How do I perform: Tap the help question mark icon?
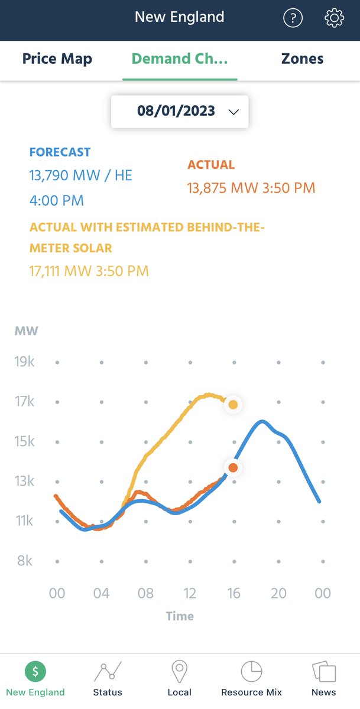pos(293,18)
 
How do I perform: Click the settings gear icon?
pos(334,18)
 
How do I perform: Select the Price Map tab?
pos(57,59)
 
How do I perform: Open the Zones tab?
pos(302,59)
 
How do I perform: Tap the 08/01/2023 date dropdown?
pos(180,111)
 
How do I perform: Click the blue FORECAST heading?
pos(60,152)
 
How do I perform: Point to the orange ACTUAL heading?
pos(211,165)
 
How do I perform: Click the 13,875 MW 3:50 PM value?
pos(251,188)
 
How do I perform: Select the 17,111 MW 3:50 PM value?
pos(89,271)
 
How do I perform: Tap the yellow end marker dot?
pos(233,405)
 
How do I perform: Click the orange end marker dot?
pos(233,468)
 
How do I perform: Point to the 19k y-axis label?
pos(24,362)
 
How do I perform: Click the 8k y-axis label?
pos(24,561)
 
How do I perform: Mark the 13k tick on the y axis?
pos(24,481)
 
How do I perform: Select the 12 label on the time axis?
pos(190,593)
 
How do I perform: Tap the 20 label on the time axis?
pos(278,593)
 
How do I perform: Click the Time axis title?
pos(180,616)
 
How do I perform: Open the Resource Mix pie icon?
pos(251,672)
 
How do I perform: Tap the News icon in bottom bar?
pos(323,672)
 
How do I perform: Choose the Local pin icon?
pos(179,672)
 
